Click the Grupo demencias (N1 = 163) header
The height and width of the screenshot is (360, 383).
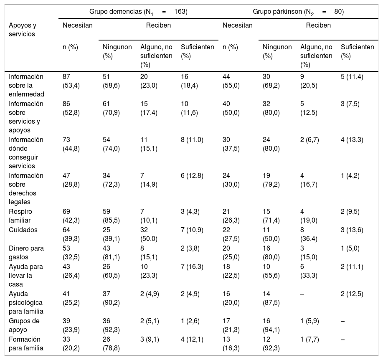click(x=138, y=12)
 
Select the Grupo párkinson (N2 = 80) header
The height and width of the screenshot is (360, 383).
click(x=298, y=12)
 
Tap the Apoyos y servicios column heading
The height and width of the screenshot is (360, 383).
click(x=23, y=30)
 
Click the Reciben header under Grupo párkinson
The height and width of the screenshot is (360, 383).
click(x=318, y=25)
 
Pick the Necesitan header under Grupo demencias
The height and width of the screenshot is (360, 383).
click(x=78, y=25)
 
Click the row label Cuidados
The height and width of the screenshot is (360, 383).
click(x=23, y=230)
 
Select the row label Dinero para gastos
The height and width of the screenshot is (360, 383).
click(x=26, y=253)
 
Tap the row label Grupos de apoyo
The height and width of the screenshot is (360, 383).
click(x=24, y=325)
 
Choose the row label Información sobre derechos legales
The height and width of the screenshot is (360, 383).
click(x=26, y=189)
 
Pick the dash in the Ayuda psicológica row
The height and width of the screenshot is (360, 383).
click(x=302, y=294)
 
